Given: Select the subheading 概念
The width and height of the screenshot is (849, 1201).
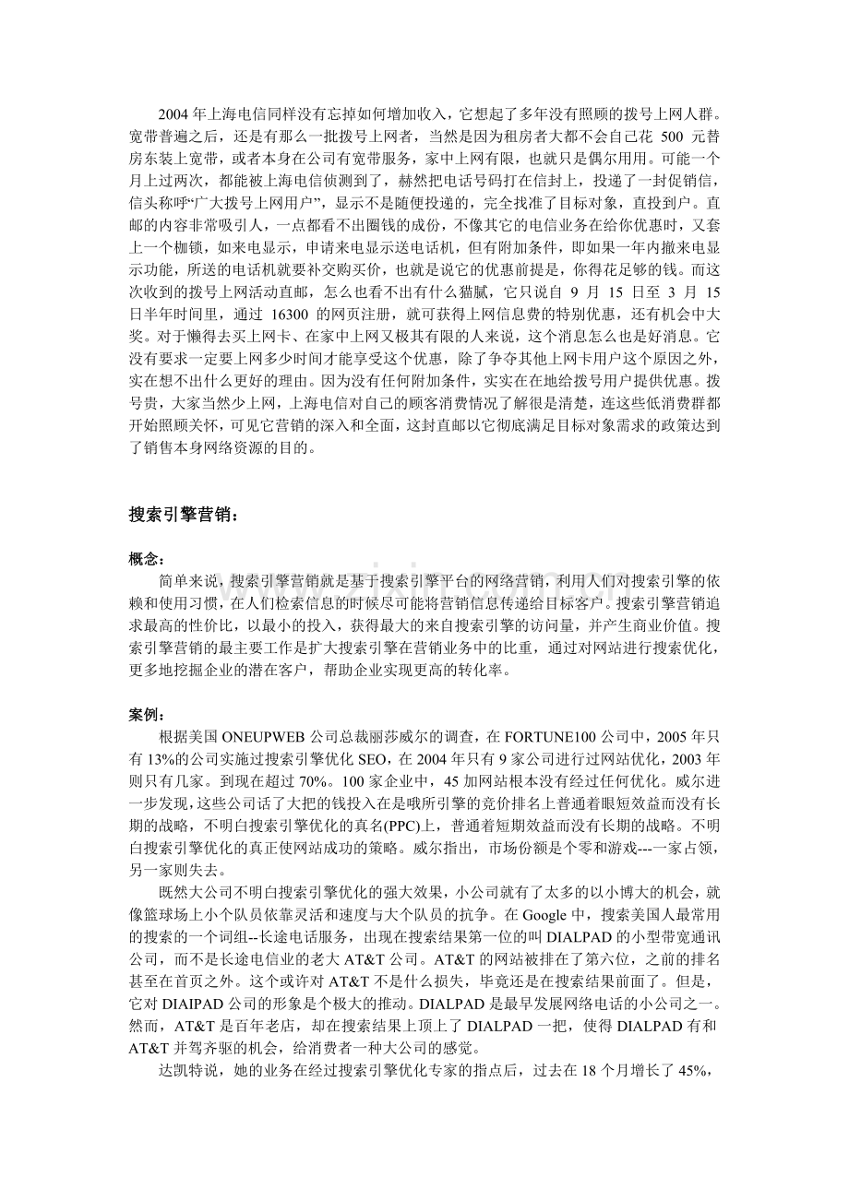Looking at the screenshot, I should (145, 559).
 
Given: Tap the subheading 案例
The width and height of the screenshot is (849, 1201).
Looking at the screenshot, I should (145, 715).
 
